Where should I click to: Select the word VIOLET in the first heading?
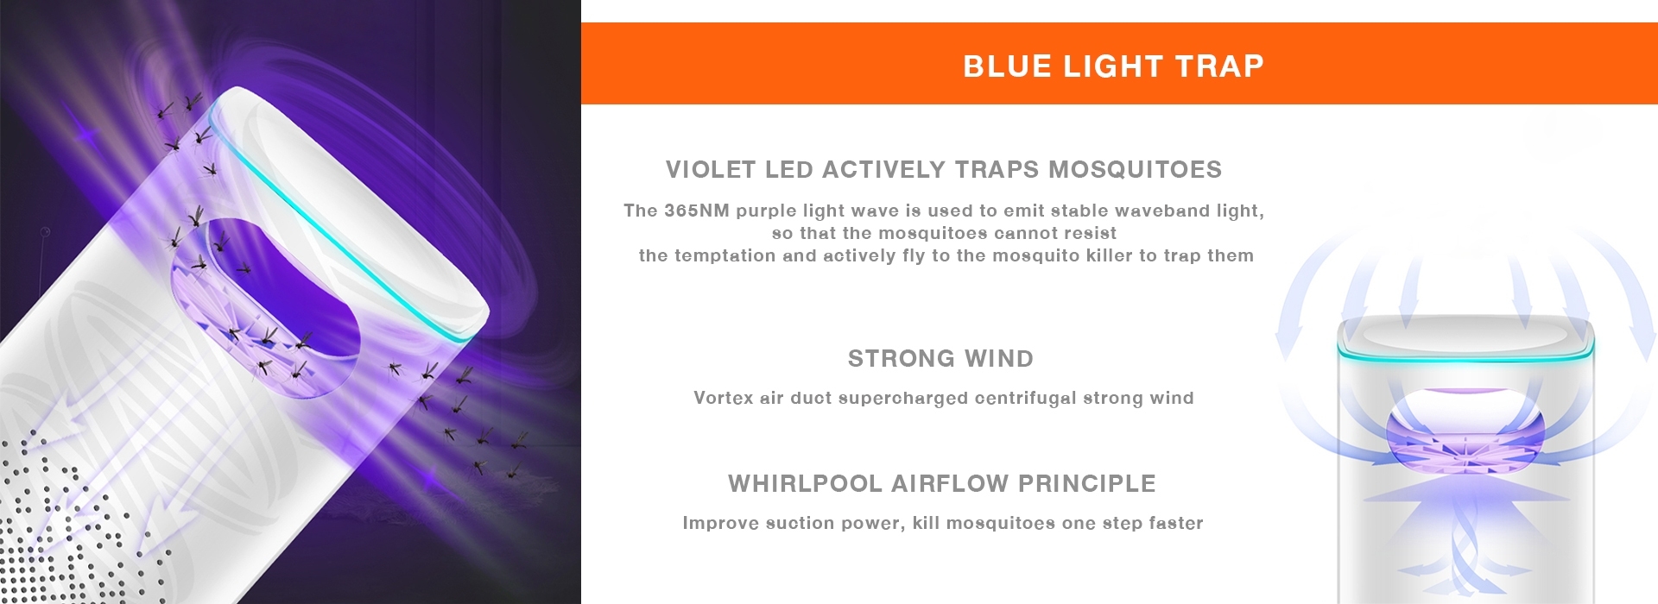point(712,169)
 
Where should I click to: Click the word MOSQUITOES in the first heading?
point(1135,169)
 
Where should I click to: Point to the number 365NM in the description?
point(696,211)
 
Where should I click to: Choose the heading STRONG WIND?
point(940,358)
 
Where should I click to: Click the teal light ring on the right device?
point(1465,353)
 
